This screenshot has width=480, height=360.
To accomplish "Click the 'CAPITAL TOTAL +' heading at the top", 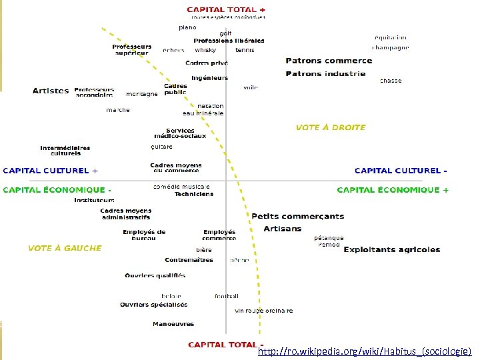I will pyautogui.click(x=226, y=10).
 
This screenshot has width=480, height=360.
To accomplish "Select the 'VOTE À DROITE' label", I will pyautogui.click(x=331, y=127).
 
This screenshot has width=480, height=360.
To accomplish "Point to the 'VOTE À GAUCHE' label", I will pyautogui.click(x=65, y=248).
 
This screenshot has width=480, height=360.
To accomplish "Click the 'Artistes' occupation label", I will pyautogui.click(x=51, y=91).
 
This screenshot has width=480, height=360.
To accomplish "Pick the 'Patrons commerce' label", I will pyautogui.click(x=329, y=61).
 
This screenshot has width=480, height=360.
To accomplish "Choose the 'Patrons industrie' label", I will pyautogui.click(x=325, y=74).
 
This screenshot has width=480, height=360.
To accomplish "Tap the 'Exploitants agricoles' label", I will pyautogui.click(x=392, y=250).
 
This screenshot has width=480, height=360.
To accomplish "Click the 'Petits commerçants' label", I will pyautogui.click(x=297, y=216).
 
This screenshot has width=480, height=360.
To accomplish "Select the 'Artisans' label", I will pyautogui.click(x=282, y=229).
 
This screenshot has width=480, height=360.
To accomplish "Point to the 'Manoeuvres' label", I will pyautogui.click(x=173, y=324).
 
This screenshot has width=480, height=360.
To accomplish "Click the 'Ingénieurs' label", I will pyautogui.click(x=209, y=78).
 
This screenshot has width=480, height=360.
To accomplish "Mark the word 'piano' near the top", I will pyautogui.click(x=187, y=27).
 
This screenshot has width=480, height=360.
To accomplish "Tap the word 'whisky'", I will pyautogui.click(x=205, y=50).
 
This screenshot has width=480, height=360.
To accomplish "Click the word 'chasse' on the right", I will pyautogui.click(x=391, y=81).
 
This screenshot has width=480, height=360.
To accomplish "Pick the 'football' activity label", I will pyautogui.click(x=227, y=296).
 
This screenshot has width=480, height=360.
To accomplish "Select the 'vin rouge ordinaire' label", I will pyautogui.click(x=263, y=311).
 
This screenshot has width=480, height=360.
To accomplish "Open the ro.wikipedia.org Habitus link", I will pyautogui.click(x=365, y=351).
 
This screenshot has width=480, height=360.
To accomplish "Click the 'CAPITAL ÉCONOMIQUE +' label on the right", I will pyautogui.click(x=393, y=190).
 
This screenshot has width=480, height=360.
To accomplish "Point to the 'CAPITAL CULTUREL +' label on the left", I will pyautogui.click(x=51, y=171).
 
